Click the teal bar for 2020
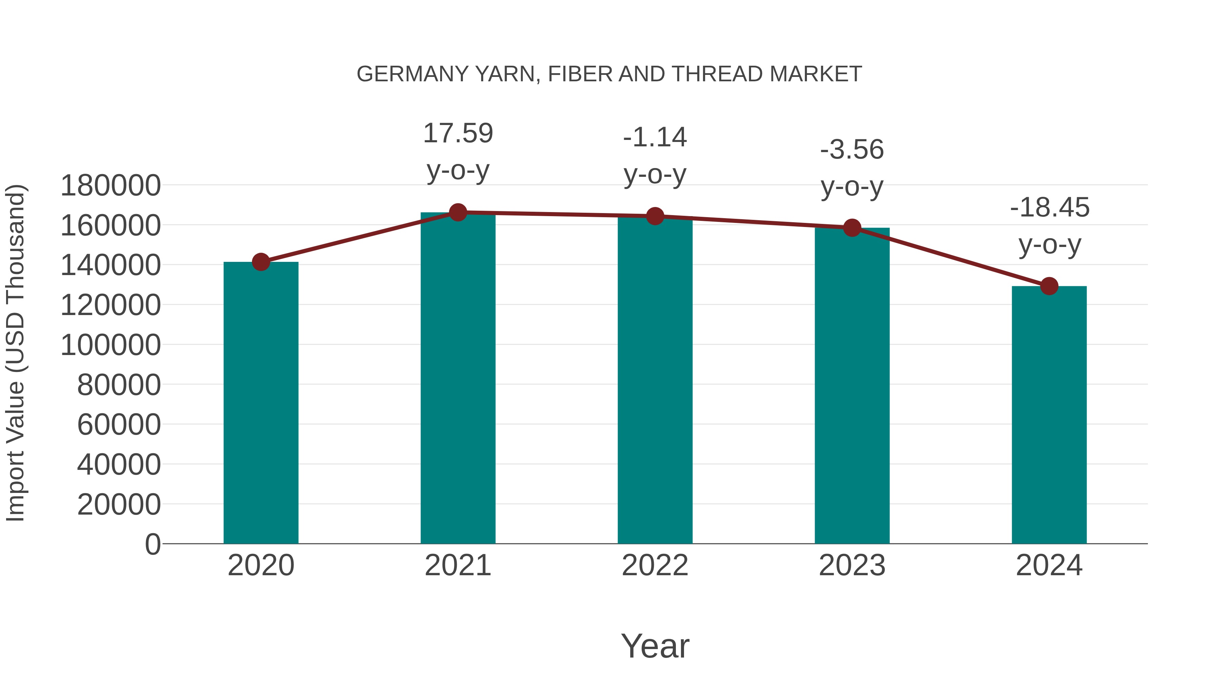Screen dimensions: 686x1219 coord(261,402)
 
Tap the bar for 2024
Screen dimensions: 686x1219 coord(1049,415)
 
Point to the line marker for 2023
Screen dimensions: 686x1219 coord(852,228)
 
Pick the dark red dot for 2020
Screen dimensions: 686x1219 coord(261,262)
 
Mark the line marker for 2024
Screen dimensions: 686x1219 coord(1049,286)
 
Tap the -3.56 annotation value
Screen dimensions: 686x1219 coord(852,150)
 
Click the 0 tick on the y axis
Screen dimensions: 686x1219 coord(153,544)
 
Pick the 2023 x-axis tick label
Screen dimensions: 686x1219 coord(852,565)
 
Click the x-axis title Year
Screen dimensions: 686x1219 coord(655,646)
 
